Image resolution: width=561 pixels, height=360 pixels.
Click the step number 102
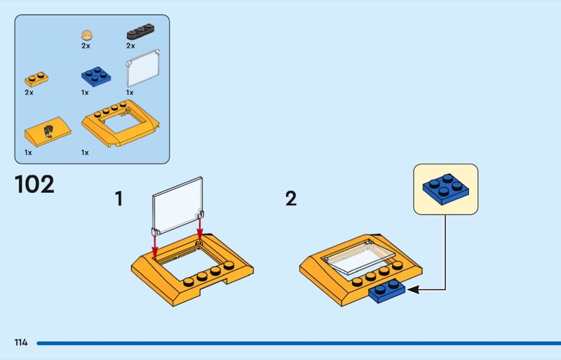tap(34, 184)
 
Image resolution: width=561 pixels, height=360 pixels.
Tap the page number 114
tap(21, 342)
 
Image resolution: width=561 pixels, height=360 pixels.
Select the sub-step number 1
tap(119, 199)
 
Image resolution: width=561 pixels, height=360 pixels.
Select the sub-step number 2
tap(291, 199)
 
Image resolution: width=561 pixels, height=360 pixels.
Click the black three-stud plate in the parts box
tap(140, 32)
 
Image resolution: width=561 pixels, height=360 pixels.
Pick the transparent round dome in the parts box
tap(86, 35)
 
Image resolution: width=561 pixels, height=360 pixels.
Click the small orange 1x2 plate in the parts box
tap(36, 79)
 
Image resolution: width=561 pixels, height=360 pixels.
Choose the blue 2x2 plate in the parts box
tap(96, 76)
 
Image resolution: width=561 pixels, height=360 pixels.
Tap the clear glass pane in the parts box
tap(143, 68)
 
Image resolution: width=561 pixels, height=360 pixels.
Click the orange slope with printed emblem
tap(48, 131)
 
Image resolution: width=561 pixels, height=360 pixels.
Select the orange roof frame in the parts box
tap(120, 124)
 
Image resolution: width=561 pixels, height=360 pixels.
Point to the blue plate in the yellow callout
tap(445, 189)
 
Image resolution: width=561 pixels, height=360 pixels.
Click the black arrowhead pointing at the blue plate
tap(413, 289)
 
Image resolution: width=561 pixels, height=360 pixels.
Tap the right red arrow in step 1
tap(200, 229)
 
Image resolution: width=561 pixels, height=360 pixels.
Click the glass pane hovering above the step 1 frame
tap(178, 206)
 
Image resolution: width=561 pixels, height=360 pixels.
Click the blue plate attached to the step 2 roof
tap(387, 291)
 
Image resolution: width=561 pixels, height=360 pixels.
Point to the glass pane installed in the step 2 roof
tap(358, 257)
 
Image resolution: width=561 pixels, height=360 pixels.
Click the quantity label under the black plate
tap(130, 46)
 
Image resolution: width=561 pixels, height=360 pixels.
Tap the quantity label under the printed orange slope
tap(28, 152)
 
